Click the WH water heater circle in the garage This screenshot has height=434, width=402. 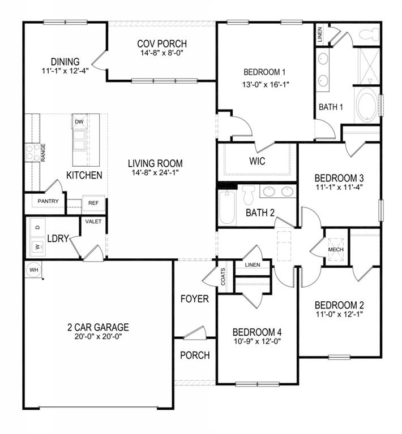33,270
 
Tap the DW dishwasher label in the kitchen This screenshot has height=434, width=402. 79,121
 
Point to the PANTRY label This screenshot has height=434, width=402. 48,201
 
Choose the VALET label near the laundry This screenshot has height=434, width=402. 93,222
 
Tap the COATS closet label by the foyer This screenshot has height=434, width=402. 224,277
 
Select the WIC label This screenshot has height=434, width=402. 257,161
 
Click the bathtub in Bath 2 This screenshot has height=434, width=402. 226,207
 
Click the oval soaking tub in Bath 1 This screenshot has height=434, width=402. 367,106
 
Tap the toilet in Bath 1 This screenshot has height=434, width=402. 369,34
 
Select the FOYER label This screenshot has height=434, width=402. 195,299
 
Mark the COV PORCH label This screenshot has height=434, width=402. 162,44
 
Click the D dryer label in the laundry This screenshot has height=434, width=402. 38,227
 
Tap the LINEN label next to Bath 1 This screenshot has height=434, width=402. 320,36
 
